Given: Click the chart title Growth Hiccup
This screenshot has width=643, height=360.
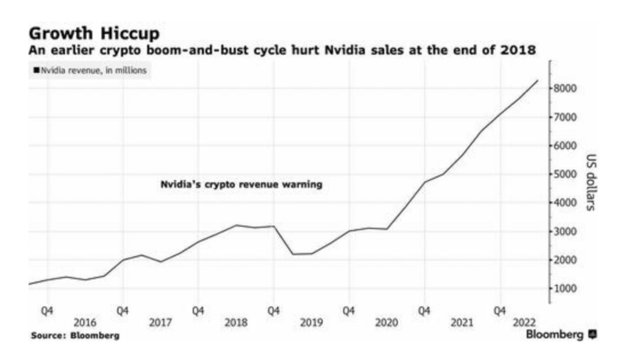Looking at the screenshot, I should (x=94, y=33).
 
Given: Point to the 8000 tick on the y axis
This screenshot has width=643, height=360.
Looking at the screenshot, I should (x=567, y=88).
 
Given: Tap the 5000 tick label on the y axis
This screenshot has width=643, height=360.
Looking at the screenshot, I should (x=567, y=175).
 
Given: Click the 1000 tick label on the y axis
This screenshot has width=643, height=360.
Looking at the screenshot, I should (x=567, y=289).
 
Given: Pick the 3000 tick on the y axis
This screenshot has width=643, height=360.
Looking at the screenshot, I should (x=567, y=232).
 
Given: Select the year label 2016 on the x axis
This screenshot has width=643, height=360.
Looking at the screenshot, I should (x=85, y=322).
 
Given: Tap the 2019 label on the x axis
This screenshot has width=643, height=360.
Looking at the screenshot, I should (x=311, y=322).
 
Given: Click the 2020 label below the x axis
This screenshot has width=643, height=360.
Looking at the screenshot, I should (x=387, y=322).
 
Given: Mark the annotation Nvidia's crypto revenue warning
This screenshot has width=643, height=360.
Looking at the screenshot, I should (x=241, y=185).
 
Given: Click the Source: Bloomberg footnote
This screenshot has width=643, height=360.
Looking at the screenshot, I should (x=75, y=335).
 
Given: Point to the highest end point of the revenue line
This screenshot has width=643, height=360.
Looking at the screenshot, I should (x=538, y=80).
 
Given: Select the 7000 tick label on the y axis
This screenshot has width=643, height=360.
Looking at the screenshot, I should (x=567, y=117).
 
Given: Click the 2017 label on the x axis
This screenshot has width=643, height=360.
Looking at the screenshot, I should (x=160, y=322).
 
